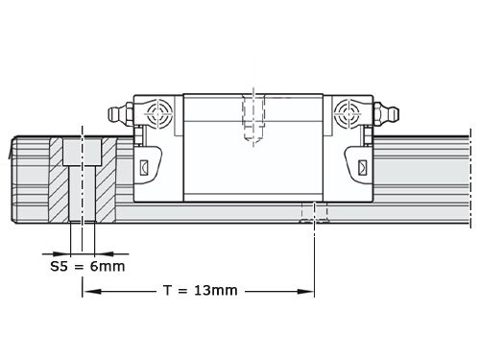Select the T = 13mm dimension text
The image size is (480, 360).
200,289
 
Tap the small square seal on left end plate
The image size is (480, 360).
146,168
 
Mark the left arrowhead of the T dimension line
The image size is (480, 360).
89,289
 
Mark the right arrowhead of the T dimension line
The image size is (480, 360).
309,289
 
